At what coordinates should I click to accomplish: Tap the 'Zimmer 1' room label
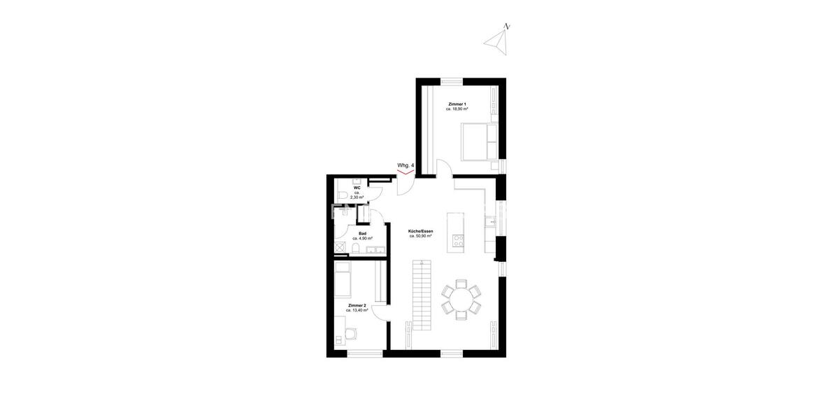(457, 104)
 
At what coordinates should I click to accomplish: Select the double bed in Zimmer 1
(478, 140)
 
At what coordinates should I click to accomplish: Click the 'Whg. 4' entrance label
(406, 166)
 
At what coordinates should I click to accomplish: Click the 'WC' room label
(357, 188)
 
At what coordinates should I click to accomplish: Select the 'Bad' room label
(362, 233)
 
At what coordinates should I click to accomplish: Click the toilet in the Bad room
(356, 251)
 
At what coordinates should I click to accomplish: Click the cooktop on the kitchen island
(459, 241)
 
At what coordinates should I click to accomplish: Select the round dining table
(461, 300)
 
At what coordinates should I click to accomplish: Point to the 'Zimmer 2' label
(357, 305)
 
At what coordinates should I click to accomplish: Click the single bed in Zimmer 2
(344, 279)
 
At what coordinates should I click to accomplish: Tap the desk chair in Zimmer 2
(339, 339)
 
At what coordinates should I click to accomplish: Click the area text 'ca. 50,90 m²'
(420, 237)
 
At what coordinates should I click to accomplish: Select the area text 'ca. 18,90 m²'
(457, 109)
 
